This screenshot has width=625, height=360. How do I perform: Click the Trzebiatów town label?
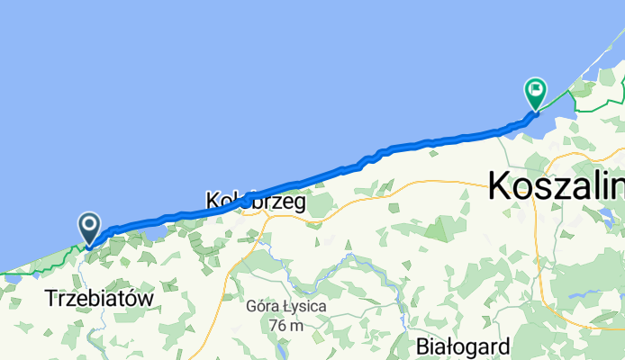(x=99, y=297)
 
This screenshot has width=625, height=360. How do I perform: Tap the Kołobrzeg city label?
(x=256, y=202)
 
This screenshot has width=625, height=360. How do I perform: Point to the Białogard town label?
(x=464, y=346)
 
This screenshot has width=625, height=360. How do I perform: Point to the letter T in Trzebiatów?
(x=50, y=297)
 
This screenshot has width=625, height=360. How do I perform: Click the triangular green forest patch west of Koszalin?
(x=436, y=229)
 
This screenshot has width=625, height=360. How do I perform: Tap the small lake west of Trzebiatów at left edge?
(x=11, y=278)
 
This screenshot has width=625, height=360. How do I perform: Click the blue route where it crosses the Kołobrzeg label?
(x=245, y=202)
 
